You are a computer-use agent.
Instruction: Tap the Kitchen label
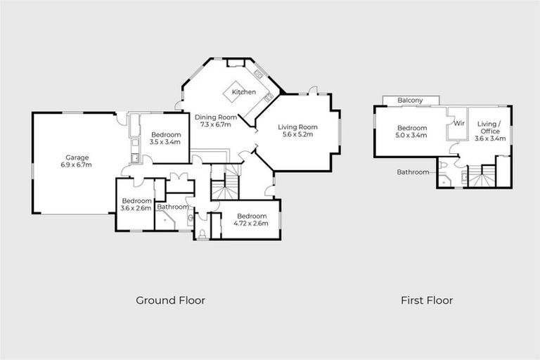(244, 92)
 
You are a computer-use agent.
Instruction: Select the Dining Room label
(216, 117)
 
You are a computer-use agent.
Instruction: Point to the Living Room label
(295, 126)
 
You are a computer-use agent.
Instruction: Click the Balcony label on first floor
(410, 101)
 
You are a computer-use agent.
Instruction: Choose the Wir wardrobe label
(459, 123)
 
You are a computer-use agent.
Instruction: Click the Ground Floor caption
(170, 300)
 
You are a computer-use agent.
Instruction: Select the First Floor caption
(427, 300)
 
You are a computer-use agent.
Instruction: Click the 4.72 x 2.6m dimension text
(251, 223)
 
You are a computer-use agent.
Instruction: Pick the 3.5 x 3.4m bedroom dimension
(165, 142)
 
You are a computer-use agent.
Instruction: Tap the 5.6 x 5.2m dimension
(295, 134)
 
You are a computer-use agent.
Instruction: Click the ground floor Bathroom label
(172, 207)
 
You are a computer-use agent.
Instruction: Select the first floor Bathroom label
(412, 172)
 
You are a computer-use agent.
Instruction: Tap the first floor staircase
(482, 177)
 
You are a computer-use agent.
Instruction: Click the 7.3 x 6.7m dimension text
(216, 124)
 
